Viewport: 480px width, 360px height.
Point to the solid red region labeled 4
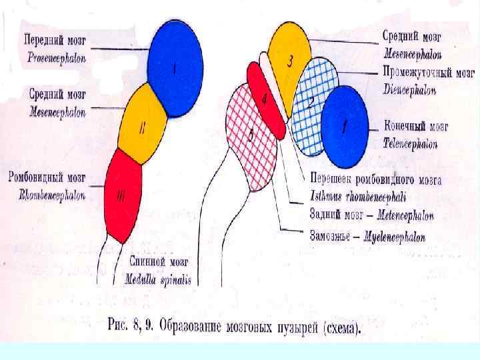(x=266, y=100)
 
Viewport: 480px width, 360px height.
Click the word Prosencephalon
(x=57, y=57)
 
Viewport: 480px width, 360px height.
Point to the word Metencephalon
(x=405, y=216)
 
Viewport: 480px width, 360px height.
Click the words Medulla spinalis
(x=158, y=280)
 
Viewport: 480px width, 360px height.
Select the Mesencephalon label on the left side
(x=58, y=113)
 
